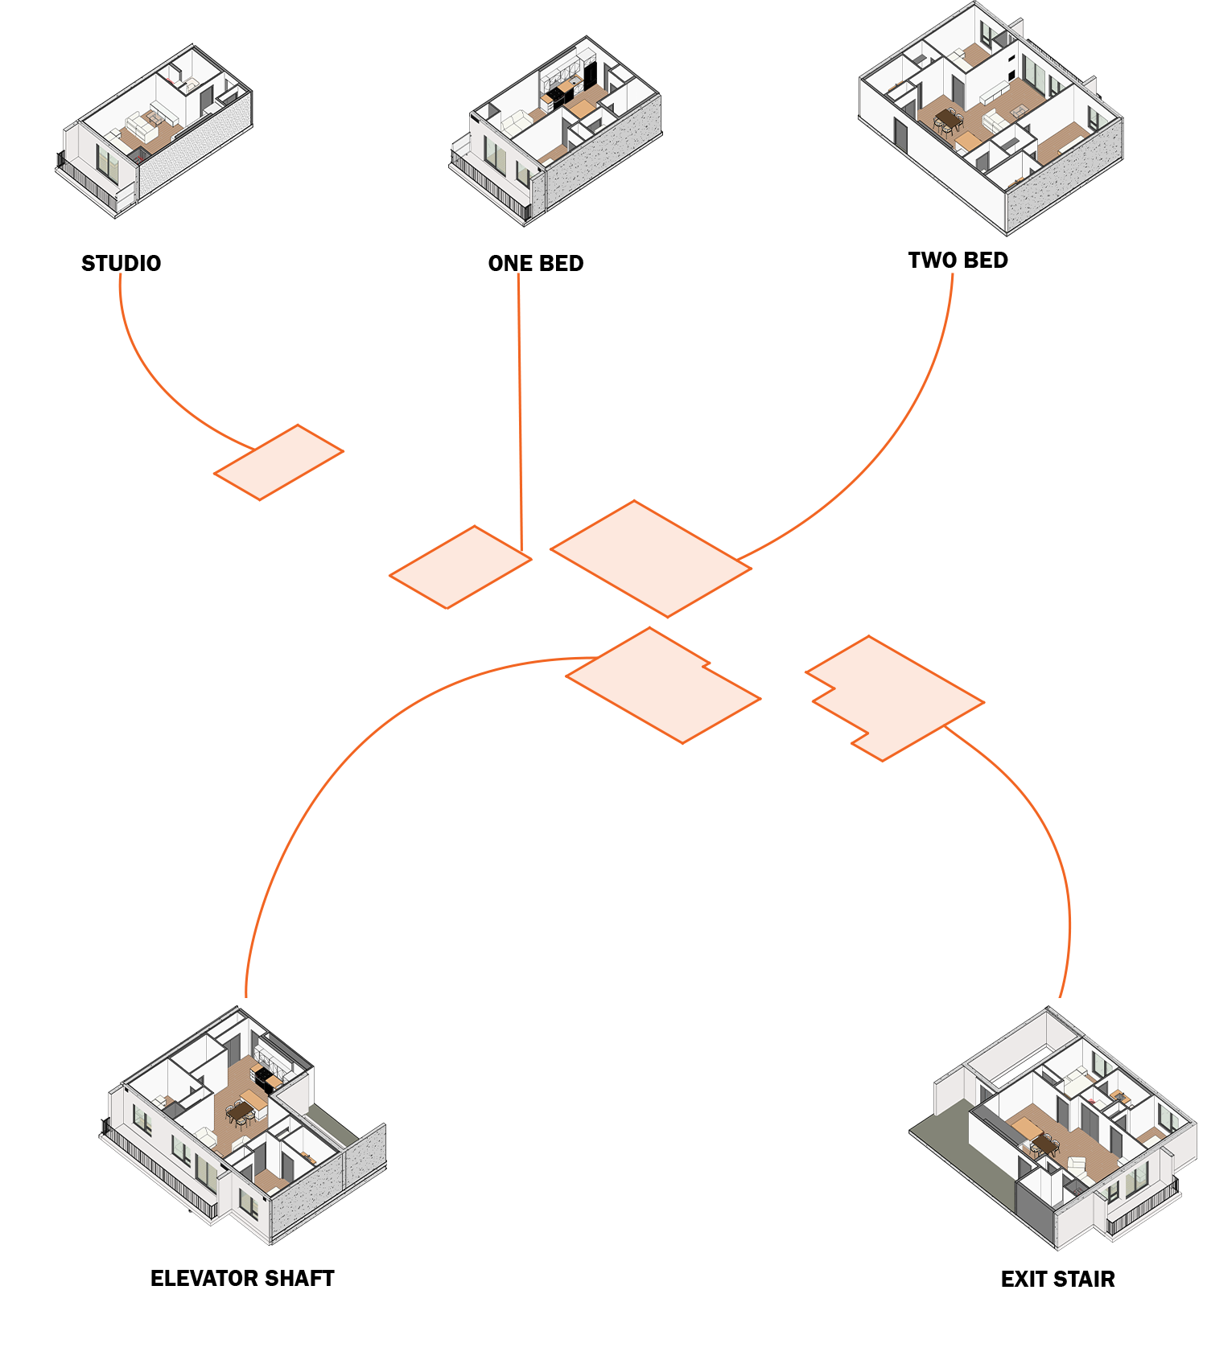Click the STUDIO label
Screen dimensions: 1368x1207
click(x=121, y=264)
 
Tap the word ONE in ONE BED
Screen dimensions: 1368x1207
click(x=509, y=264)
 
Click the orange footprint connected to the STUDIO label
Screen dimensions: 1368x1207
click(x=278, y=462)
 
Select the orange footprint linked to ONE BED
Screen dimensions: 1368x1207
click(x=460, y=567)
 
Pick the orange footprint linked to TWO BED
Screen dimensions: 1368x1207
click(x=650, y=558)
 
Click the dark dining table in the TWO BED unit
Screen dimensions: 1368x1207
click(x=949, y=120)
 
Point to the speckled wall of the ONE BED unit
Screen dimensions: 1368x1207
click(x=603, y=161)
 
